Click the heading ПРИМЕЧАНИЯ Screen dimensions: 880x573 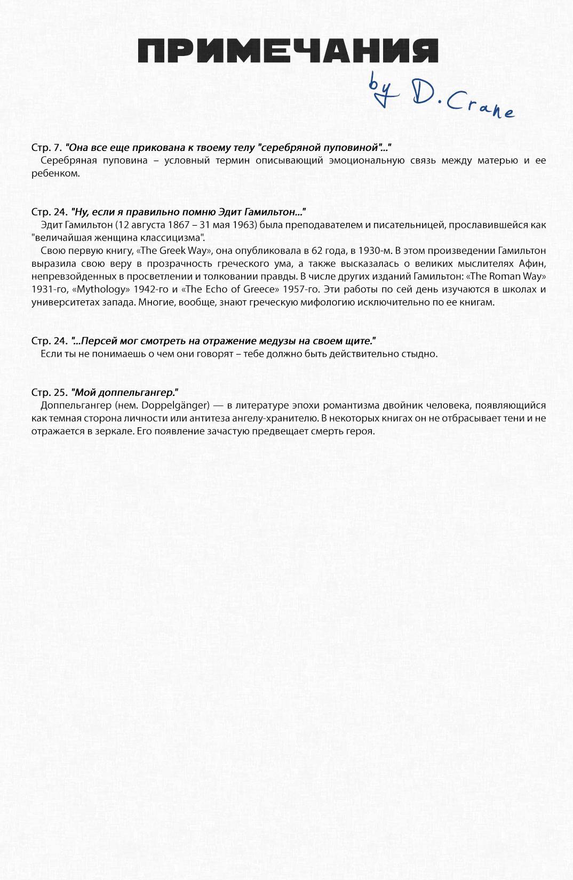pos(288,51)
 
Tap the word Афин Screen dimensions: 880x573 pos(533,263)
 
